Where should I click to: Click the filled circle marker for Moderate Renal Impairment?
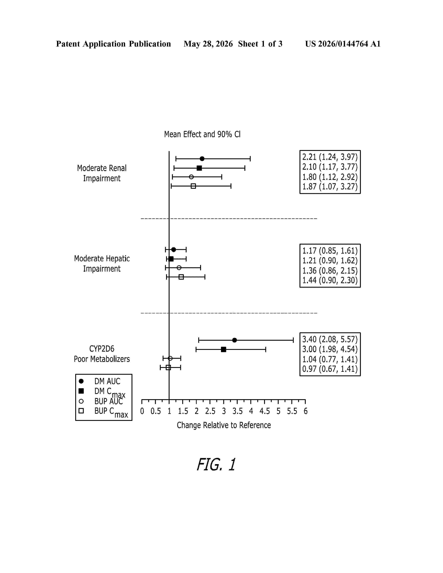(x=202, y=159)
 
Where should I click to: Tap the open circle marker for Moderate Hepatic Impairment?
(x=179, y=268)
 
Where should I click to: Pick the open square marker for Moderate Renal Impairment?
(x=193, y=186)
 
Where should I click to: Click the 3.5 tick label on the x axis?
(x=237, y=411)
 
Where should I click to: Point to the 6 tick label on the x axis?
(x=305, y=411)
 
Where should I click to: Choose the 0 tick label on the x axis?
(x=142, y=411)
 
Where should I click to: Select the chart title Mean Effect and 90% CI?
(x=202, y=134)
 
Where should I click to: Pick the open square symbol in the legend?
(x=81, y=411)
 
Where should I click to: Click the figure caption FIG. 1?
(x=216, y=464)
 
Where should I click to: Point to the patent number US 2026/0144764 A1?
(x=343, y=44)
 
